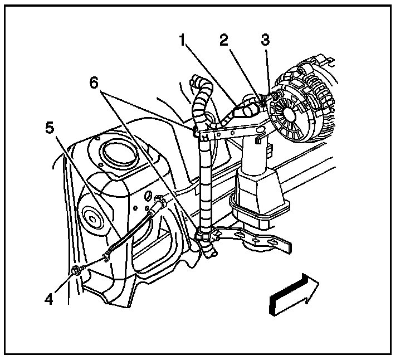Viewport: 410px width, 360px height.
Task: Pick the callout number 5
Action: point(50,128)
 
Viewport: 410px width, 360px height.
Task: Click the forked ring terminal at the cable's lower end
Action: point(106,257)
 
